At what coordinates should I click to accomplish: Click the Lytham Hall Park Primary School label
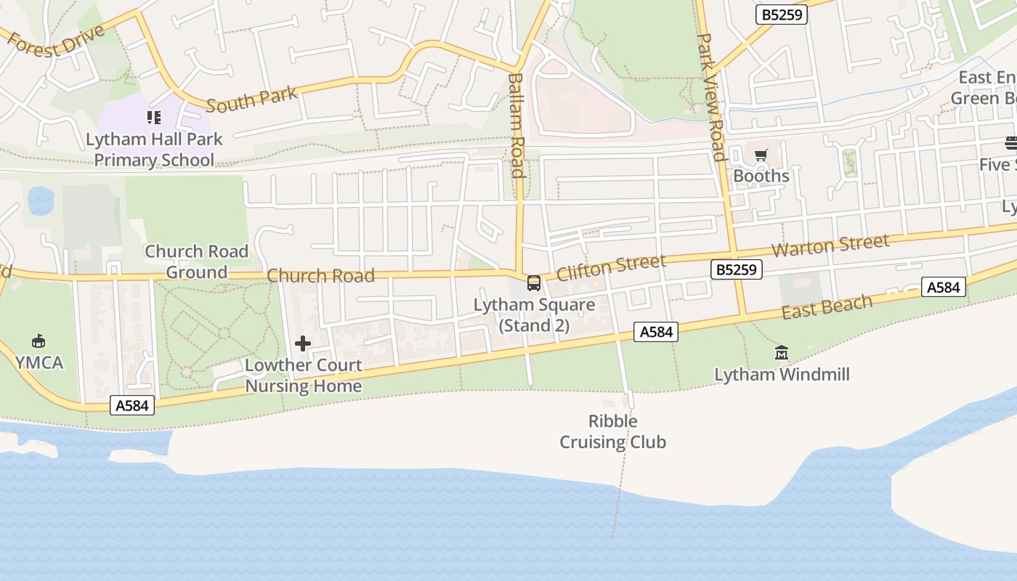(x=154, y=150)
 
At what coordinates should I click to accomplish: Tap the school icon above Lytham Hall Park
(x=154, y=117)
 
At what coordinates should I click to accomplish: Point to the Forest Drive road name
(x=56, y=43)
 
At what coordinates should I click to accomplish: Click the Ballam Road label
(x=516, y=125)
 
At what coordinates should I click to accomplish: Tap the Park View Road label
(x=711, y=97)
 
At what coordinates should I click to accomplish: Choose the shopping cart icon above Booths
(x=761, y=155)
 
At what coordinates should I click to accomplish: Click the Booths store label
(x=761, y=176)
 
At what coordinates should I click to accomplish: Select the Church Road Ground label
(x=196, y=261)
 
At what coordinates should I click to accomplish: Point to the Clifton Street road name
(x=610, y=267)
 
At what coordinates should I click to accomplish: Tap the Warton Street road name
(x=830, y=245)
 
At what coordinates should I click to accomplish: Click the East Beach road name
(x=827, y=306)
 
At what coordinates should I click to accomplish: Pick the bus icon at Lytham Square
(x=534, y=283)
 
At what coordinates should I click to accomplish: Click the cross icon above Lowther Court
(x=303, y=344)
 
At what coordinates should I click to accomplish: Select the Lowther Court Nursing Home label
(x=303, y=375)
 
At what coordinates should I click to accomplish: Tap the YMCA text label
(x=39, y=362)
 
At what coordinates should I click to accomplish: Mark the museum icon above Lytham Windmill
(x=782, y=353)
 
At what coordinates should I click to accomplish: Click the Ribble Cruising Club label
(x=612, y=431)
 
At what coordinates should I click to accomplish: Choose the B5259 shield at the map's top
(x=781, y=14)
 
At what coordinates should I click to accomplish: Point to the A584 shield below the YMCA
(x=133, y=405)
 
